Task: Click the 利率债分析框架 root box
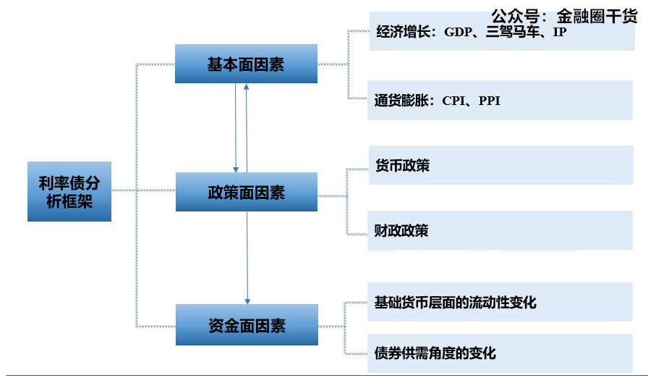(69, 191)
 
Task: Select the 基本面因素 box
(246, 64)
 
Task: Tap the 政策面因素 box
(246, 192)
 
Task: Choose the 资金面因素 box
(246, 325)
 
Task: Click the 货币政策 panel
(500, 166)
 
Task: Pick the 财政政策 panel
(500, 231)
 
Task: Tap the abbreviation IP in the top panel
(560, 33)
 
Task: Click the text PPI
(490, 101)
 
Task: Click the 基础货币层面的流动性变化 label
(456, 302)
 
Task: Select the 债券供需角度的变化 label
(435, 353)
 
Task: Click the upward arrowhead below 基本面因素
(247, 87)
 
